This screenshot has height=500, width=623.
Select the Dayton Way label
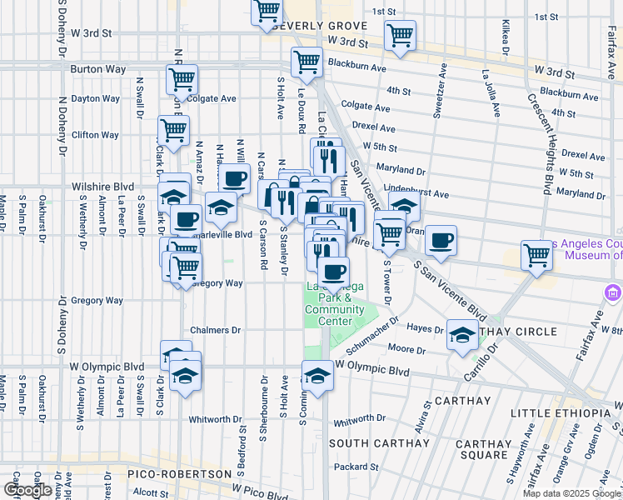[x=96, y=98]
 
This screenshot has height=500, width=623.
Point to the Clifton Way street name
[x=96, y=135]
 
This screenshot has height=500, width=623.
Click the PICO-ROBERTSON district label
[x=178, y=474]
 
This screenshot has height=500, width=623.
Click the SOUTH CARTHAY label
[x=378, y=443]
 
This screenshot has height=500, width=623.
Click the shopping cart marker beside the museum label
[x=536, y=255]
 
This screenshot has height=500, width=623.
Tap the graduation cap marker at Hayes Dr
[x=462, y=335]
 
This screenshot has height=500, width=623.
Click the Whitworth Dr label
[x=215, y=419]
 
